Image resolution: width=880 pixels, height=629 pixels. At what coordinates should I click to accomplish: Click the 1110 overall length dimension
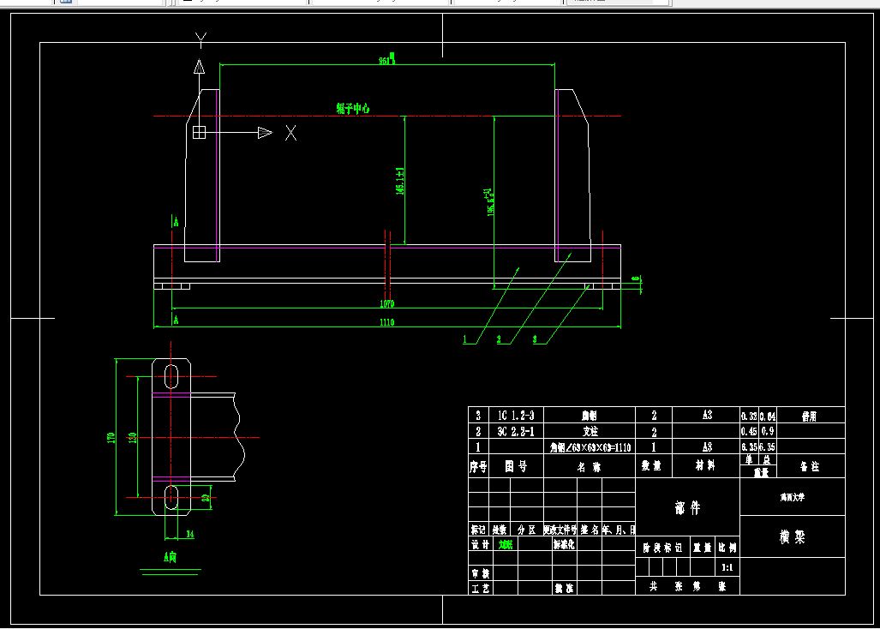coord(386,322)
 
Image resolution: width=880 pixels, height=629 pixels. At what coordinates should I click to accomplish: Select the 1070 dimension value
coord(386,303)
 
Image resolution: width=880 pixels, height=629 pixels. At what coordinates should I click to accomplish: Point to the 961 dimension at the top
coord(386,61)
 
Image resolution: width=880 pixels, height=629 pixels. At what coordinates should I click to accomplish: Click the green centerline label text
coord(353,109)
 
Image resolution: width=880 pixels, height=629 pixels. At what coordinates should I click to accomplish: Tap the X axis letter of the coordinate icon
coord(291,133)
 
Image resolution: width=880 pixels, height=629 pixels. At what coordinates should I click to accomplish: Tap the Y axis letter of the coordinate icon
coord(201,39)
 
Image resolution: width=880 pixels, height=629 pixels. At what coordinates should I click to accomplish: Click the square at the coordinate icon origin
coord(199,132)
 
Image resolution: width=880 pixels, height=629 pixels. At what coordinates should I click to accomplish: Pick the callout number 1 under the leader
coord(465,340)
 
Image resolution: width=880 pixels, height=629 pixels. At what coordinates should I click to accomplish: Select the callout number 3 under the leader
coord(536,340)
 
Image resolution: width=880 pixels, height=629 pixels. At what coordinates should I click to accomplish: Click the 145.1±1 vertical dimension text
coord(400,181)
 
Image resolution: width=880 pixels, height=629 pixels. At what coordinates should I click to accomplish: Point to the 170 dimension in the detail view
coord(111,438)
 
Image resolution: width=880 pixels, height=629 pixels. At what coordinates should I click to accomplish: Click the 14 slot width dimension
coord(189,534)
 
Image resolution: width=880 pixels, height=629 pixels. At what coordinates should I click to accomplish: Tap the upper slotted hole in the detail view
coord(172,375)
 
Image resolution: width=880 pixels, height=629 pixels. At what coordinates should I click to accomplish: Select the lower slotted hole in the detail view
coord(172,497)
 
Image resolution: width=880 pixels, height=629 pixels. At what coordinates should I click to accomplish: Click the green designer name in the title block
coord(506,545)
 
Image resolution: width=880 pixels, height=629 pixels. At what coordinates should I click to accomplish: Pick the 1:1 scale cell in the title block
coord(727,567)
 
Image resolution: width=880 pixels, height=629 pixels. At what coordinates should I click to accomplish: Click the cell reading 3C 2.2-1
coord(516,432)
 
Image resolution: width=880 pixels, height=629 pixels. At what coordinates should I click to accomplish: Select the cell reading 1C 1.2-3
coord(516,416)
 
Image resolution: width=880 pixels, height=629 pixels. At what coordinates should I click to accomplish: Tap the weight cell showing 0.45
coord(748,432)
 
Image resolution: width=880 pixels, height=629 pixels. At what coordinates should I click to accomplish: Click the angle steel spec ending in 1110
coord(590,447)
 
